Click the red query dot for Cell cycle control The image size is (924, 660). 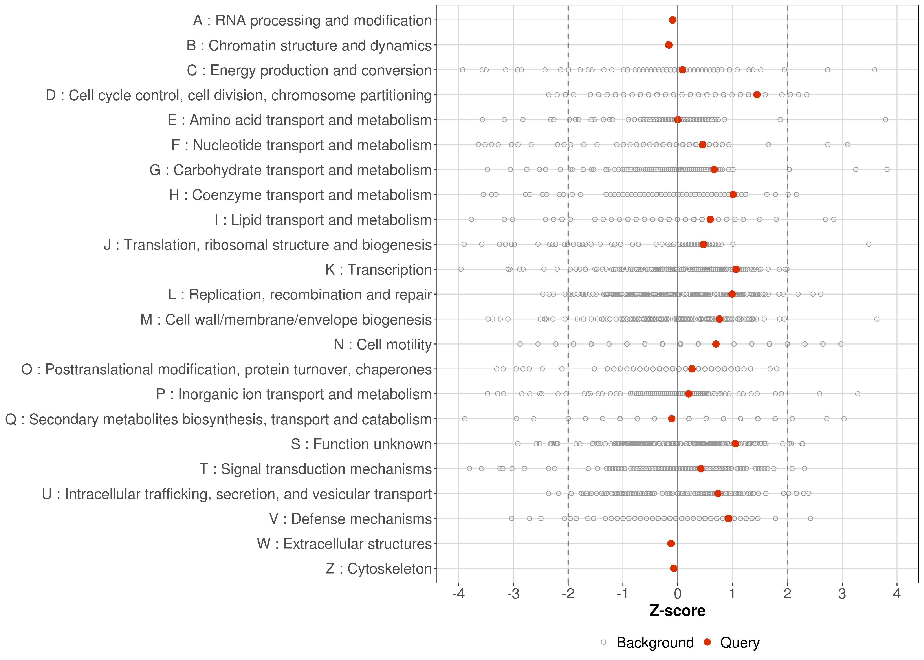tap(757, 95)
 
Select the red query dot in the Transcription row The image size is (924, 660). tap(736, 269)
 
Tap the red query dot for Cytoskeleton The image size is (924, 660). tap(674, 568)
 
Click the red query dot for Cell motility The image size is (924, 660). tap(716, 344)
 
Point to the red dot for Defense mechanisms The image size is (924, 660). tap(729, 518)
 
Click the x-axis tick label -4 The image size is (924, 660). tap(458, 594)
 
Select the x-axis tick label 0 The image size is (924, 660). tap(677, 594)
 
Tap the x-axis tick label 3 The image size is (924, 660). tap(842, 594)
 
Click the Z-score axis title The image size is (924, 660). tap(677, 611)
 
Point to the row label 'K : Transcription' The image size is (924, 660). tap(378, 269)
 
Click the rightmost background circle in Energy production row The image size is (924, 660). tap(874, 70)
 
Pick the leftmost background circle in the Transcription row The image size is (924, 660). tap(461, 269)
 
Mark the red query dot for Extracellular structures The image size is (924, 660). tap(671, 543)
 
